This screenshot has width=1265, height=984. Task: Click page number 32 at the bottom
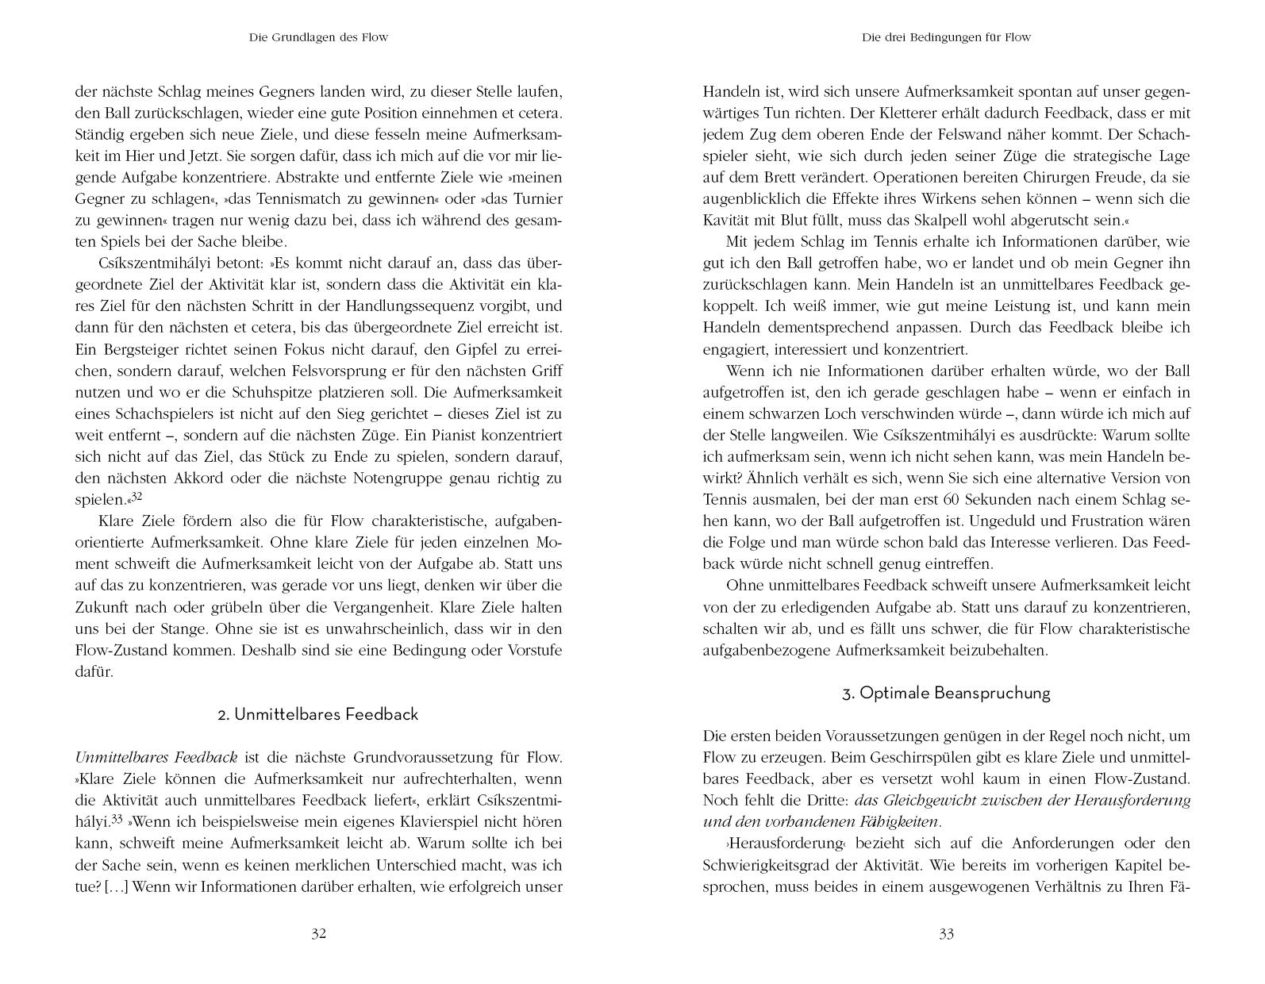coord(318,934)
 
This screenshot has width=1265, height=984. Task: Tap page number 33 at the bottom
coord(946,934)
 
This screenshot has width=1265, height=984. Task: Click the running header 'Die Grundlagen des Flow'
coord(318,37)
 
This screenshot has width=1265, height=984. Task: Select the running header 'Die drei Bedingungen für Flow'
coord(946,37)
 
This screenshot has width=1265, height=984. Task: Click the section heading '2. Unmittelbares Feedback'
coord(318,714)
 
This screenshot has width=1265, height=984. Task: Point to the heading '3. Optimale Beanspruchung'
coord(946,693)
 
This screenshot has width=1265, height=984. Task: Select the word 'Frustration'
coord(1110,521)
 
